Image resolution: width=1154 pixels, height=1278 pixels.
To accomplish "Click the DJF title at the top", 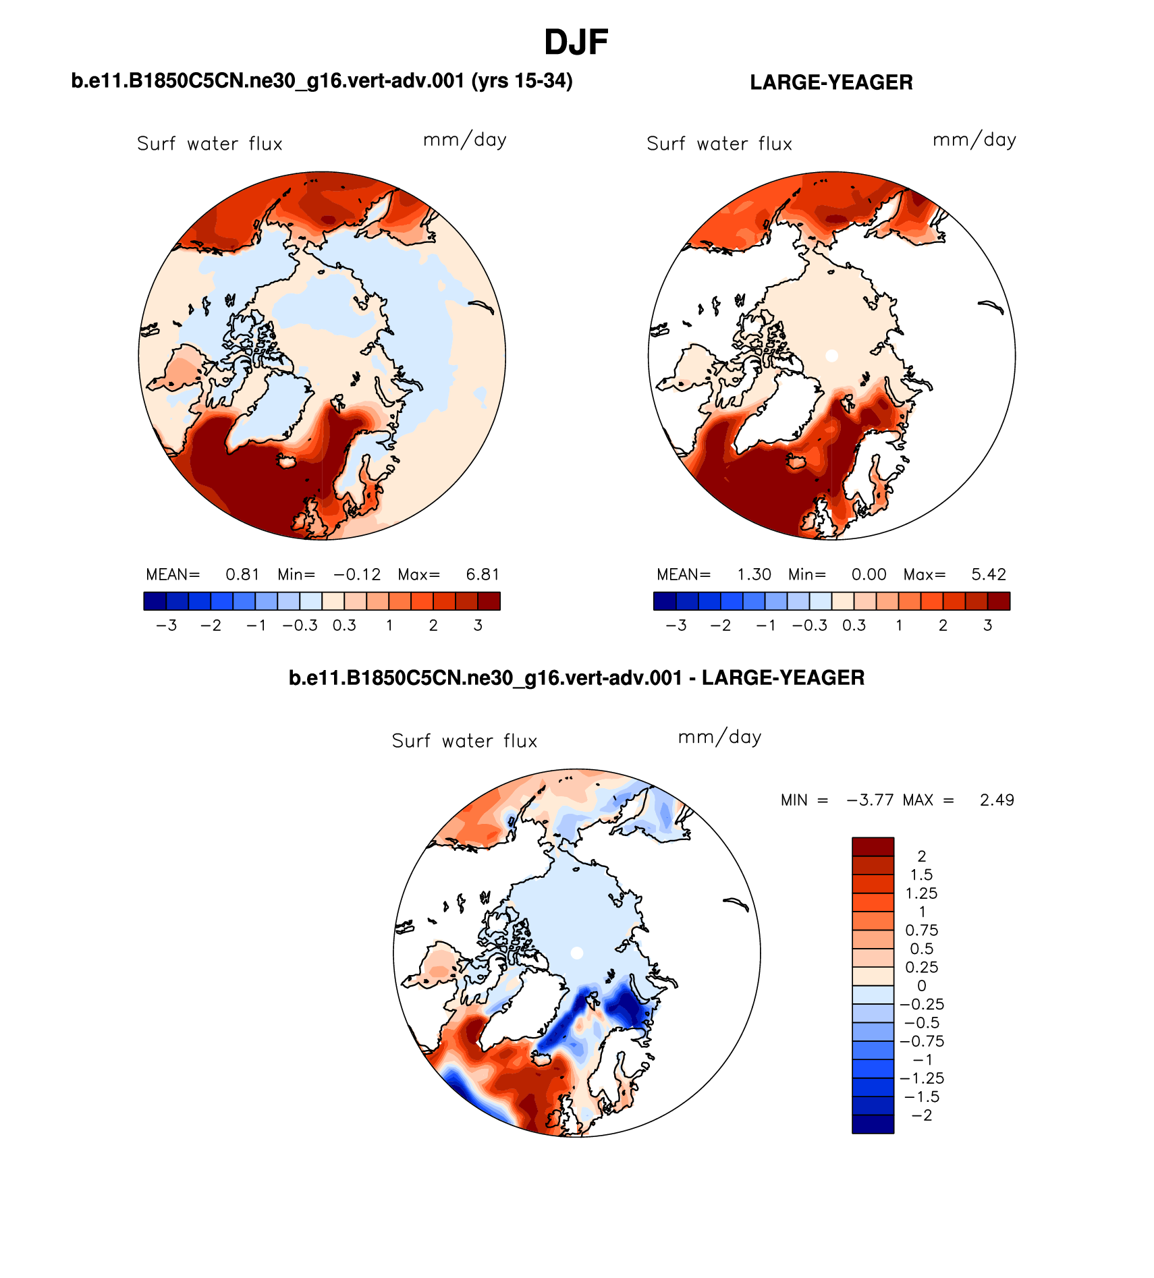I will (576, 43).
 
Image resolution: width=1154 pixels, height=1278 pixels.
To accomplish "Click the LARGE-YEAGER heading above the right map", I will (831, 82).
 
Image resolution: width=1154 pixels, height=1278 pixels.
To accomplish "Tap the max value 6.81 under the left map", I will (483, 574).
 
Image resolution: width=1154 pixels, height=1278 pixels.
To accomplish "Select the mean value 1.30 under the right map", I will (754, 574).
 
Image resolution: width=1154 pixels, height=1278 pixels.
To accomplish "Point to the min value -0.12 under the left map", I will (357, 574).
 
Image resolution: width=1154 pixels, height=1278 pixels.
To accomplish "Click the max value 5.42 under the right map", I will (989, 574).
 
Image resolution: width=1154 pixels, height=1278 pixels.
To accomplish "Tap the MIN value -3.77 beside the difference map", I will (870, 800).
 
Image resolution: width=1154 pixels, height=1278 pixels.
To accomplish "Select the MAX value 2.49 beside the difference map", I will (997, 800).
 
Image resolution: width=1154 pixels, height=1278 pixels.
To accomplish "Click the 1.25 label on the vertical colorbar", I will (921, 893).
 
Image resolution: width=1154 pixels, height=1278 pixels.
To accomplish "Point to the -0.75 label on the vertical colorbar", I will (921, 1041).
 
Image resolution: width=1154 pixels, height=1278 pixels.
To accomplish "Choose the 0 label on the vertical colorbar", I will (921, 986).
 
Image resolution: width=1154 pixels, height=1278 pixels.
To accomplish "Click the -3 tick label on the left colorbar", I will (166, 626).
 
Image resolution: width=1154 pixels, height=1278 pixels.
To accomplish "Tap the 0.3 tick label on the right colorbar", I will (854, 626).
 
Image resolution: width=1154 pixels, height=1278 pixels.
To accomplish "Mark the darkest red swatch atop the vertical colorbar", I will (873, 846).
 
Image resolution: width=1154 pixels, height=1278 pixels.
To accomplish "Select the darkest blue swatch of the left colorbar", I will (155, 601).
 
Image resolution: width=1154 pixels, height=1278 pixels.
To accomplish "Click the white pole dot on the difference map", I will (576, 953).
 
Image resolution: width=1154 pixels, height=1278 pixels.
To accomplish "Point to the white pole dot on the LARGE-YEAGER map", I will (831, 356).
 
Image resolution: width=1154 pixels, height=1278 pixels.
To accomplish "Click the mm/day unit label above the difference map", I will (719, 737).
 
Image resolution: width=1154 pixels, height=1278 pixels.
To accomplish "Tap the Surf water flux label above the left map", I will (209, 144).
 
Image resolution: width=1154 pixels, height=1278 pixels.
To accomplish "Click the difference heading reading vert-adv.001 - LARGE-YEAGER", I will (576, 677).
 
